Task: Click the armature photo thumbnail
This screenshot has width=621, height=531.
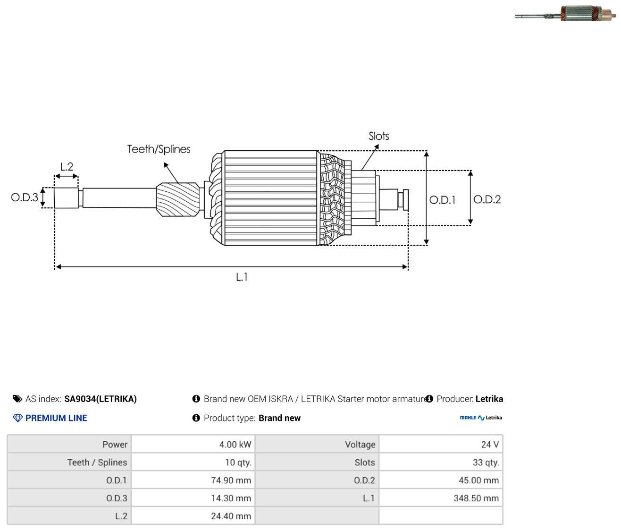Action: pos(565,14)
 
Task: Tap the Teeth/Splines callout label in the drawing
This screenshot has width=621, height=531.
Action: pos(159,149)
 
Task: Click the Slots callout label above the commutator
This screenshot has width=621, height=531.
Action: pos(378,136)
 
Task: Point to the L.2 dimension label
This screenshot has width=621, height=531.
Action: pos(67,166)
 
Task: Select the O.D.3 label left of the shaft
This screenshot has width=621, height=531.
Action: pos(25,197)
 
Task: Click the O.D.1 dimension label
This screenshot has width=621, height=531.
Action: pos(442,200)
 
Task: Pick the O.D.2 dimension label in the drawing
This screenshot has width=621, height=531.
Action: pos(487,199)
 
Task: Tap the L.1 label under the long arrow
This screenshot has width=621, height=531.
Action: pos(242,277)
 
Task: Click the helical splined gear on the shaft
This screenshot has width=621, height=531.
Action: pos(178,199)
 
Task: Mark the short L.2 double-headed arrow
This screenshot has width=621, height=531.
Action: pos(67,176)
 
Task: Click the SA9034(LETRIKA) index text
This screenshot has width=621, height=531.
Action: pos(101,399)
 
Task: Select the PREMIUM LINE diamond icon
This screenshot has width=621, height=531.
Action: pos(17,418)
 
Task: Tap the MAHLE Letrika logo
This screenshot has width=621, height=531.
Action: pos(481,418)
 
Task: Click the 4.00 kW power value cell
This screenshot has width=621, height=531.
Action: pos(193,444)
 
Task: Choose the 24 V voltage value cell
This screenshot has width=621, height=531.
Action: pos(441,444)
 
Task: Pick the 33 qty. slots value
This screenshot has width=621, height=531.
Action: pos(486,462)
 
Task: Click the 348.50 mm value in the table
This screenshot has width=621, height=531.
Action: pos(476,498)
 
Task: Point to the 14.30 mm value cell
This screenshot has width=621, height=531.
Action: pos(193,498)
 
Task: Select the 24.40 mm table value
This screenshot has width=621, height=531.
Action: pos(231,516)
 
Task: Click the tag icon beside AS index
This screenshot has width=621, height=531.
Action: pos(17,399)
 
